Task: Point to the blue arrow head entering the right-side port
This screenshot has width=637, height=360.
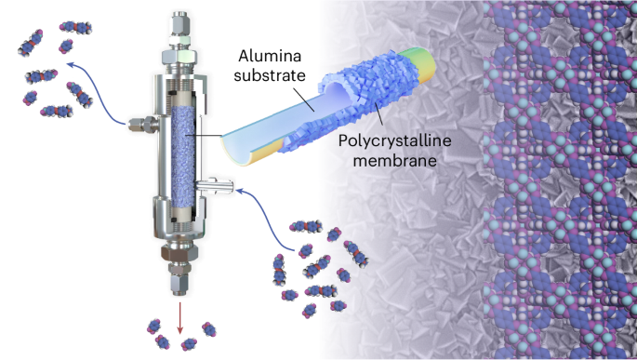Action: tap(240, 190)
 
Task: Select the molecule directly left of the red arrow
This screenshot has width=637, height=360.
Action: tap(153, 327)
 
